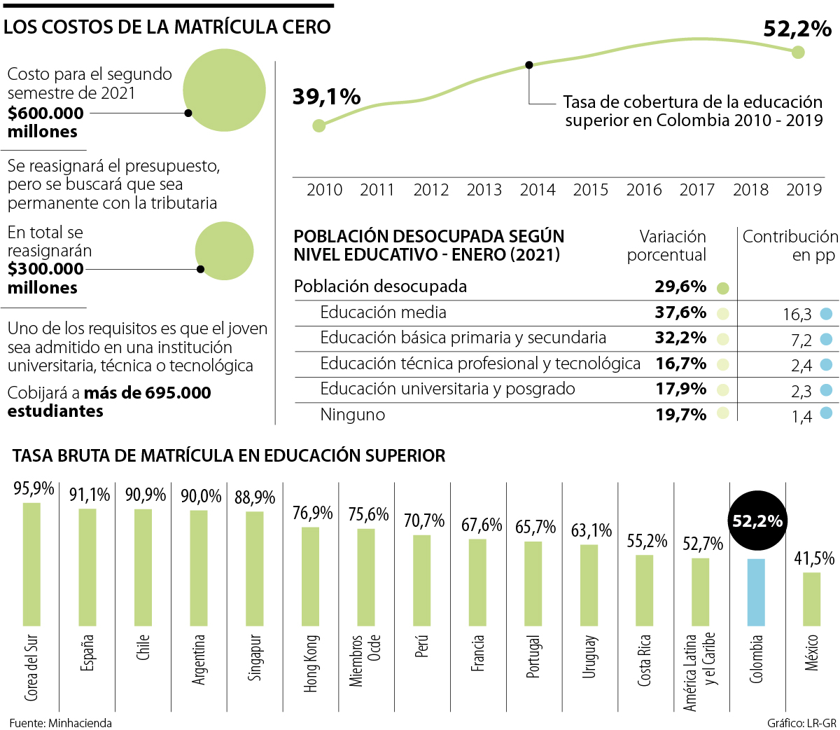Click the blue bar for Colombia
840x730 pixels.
[756, 592]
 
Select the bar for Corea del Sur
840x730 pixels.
[31, 564]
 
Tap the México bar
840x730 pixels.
[811, 599]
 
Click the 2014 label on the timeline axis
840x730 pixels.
[538, 190]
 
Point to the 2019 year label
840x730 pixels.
[804, 190]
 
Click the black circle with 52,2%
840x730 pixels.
[757, 521]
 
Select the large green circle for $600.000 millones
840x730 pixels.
[224, 90]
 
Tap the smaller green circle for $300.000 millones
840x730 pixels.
[224, 251]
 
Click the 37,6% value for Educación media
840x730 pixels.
[680, 312]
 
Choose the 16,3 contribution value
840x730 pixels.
[797, 315]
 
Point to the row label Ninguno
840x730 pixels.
[352, 415]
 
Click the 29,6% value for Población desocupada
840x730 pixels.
[680, 287]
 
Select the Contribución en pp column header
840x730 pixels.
[790, 246]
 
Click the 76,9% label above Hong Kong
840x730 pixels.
[312, 514]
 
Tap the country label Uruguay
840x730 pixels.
[589, 656]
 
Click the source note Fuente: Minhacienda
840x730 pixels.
[60, 723]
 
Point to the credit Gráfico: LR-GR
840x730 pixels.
[801, 723]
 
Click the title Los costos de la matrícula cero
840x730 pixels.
[167, 27]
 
